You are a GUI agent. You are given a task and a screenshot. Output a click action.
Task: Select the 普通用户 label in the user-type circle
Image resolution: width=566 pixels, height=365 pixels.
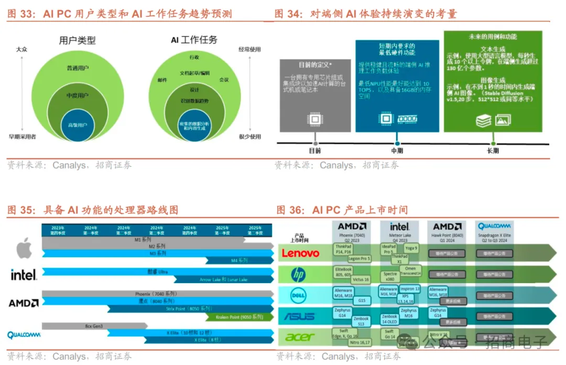(x=78, y=68)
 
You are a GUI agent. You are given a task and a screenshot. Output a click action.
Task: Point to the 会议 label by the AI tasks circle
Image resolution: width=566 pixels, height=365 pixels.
(x=224, y=80)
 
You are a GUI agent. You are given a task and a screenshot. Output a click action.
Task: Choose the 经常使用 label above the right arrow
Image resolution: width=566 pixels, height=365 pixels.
(x=249, y=49)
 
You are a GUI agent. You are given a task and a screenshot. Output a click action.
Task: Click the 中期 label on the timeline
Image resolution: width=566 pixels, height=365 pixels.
(x=397, y=151)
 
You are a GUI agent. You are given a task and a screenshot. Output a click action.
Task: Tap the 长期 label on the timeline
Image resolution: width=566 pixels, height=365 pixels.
(x=493, y=151)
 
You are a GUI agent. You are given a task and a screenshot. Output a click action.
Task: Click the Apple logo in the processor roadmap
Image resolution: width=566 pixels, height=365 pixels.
(x=24, y=248)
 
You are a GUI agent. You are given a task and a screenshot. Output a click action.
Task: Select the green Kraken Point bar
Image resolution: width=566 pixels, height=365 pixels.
(x=239, y=317)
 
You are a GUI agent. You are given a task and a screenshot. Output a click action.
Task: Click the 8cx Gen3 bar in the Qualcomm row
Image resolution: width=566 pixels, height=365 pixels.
(x=94, y=326)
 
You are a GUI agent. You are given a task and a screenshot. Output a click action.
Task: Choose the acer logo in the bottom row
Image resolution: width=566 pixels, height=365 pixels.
(x=300, y=337)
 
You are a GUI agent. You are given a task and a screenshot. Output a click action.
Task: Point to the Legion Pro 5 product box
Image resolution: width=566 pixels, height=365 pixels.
(x=359, y=259)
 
